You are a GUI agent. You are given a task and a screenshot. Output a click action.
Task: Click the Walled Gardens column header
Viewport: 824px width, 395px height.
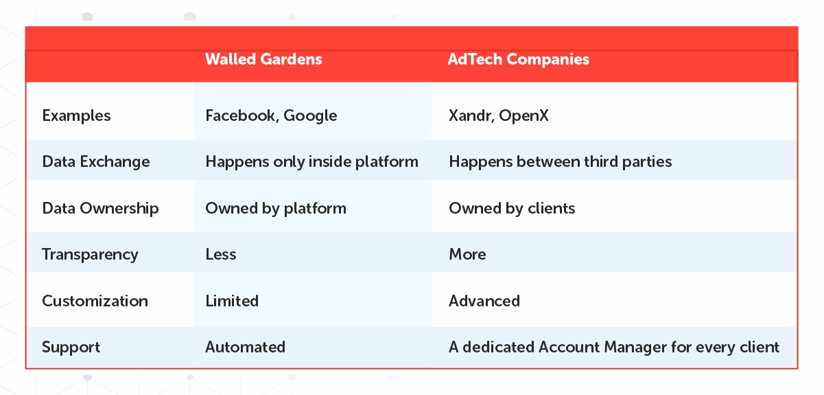(263, 59)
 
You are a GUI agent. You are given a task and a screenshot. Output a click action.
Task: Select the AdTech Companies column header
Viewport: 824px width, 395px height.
(518, 59)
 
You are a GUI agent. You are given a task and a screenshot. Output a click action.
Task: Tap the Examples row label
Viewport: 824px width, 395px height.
(76, 115)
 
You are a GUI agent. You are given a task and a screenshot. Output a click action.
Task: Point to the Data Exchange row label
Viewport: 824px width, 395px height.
(95, 161)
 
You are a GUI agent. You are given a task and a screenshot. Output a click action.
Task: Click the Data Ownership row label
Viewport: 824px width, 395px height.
(100, 209)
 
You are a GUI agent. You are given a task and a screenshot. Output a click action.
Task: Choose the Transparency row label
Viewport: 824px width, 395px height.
(90, 255)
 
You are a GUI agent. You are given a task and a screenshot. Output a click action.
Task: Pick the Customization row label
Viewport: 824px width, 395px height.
(95, 301)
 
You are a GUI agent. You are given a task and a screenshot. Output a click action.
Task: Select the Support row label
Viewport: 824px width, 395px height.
(71, 348)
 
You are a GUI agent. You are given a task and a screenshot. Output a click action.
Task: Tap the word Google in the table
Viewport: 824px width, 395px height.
(310, 116)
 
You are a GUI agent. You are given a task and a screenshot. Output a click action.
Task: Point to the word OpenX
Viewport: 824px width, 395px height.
(523, 116)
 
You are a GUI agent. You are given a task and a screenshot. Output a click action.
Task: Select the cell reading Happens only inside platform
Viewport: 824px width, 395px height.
(311, 161)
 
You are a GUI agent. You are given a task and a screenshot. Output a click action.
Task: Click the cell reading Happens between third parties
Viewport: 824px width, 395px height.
(561, 161)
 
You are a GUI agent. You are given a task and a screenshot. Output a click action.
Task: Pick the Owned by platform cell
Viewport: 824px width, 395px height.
(276, 209)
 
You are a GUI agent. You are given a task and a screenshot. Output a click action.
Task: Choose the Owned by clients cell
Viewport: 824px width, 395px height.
(512, 209)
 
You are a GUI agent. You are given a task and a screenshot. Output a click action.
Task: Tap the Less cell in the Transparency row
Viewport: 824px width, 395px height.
(221, 255)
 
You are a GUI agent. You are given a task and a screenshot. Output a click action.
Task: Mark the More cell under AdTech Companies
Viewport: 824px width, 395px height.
(467, 255)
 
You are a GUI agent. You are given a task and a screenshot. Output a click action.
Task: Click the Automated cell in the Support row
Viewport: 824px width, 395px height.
(245, 347)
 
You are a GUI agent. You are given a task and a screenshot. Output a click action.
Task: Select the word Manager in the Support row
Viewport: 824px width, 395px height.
(635, 348)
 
